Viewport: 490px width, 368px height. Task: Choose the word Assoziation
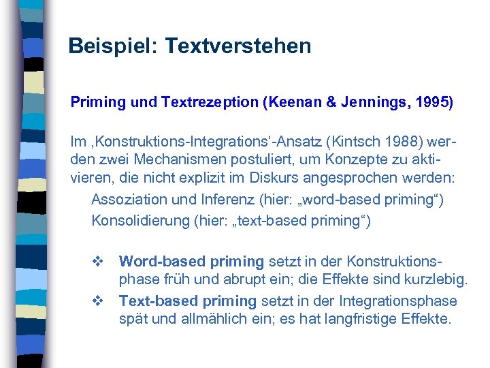131,200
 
